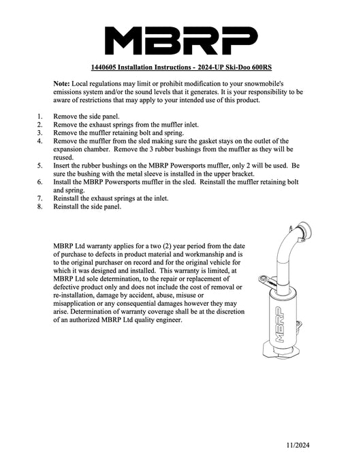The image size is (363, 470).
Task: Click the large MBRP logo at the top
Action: point(181,41)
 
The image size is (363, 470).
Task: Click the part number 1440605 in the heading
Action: point(104,67)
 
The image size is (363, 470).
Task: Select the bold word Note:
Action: point(61,84)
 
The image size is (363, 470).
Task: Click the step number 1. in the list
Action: point(40,116)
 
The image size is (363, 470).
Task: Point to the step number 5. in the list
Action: point(40,166)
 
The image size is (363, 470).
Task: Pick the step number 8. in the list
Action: point(40,206)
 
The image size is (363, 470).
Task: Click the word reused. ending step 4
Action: point(63,157)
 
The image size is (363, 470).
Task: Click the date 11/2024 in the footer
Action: point(298,445)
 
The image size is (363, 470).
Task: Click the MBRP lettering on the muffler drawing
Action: point(279,324)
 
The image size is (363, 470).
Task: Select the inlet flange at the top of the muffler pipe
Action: point(305,230)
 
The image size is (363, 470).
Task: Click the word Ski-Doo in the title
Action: point(238,67)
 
